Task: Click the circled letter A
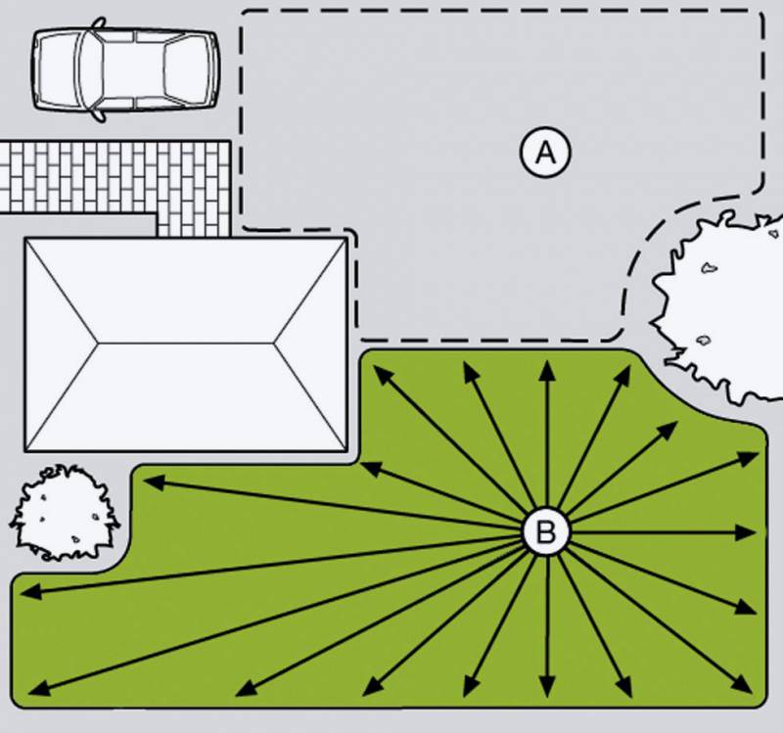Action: click(545, 153)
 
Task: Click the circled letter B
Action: click(546, 531)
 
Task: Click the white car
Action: click(125, 69)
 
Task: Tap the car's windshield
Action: click(91, 69)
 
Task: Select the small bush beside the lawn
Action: click(64, 512)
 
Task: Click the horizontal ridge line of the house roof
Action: click(185, 344)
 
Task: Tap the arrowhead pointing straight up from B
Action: click(548, 371)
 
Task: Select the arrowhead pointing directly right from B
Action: click(746, 532)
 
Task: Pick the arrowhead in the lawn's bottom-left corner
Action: click(39, 688)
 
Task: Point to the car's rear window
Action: click(186, 69)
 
